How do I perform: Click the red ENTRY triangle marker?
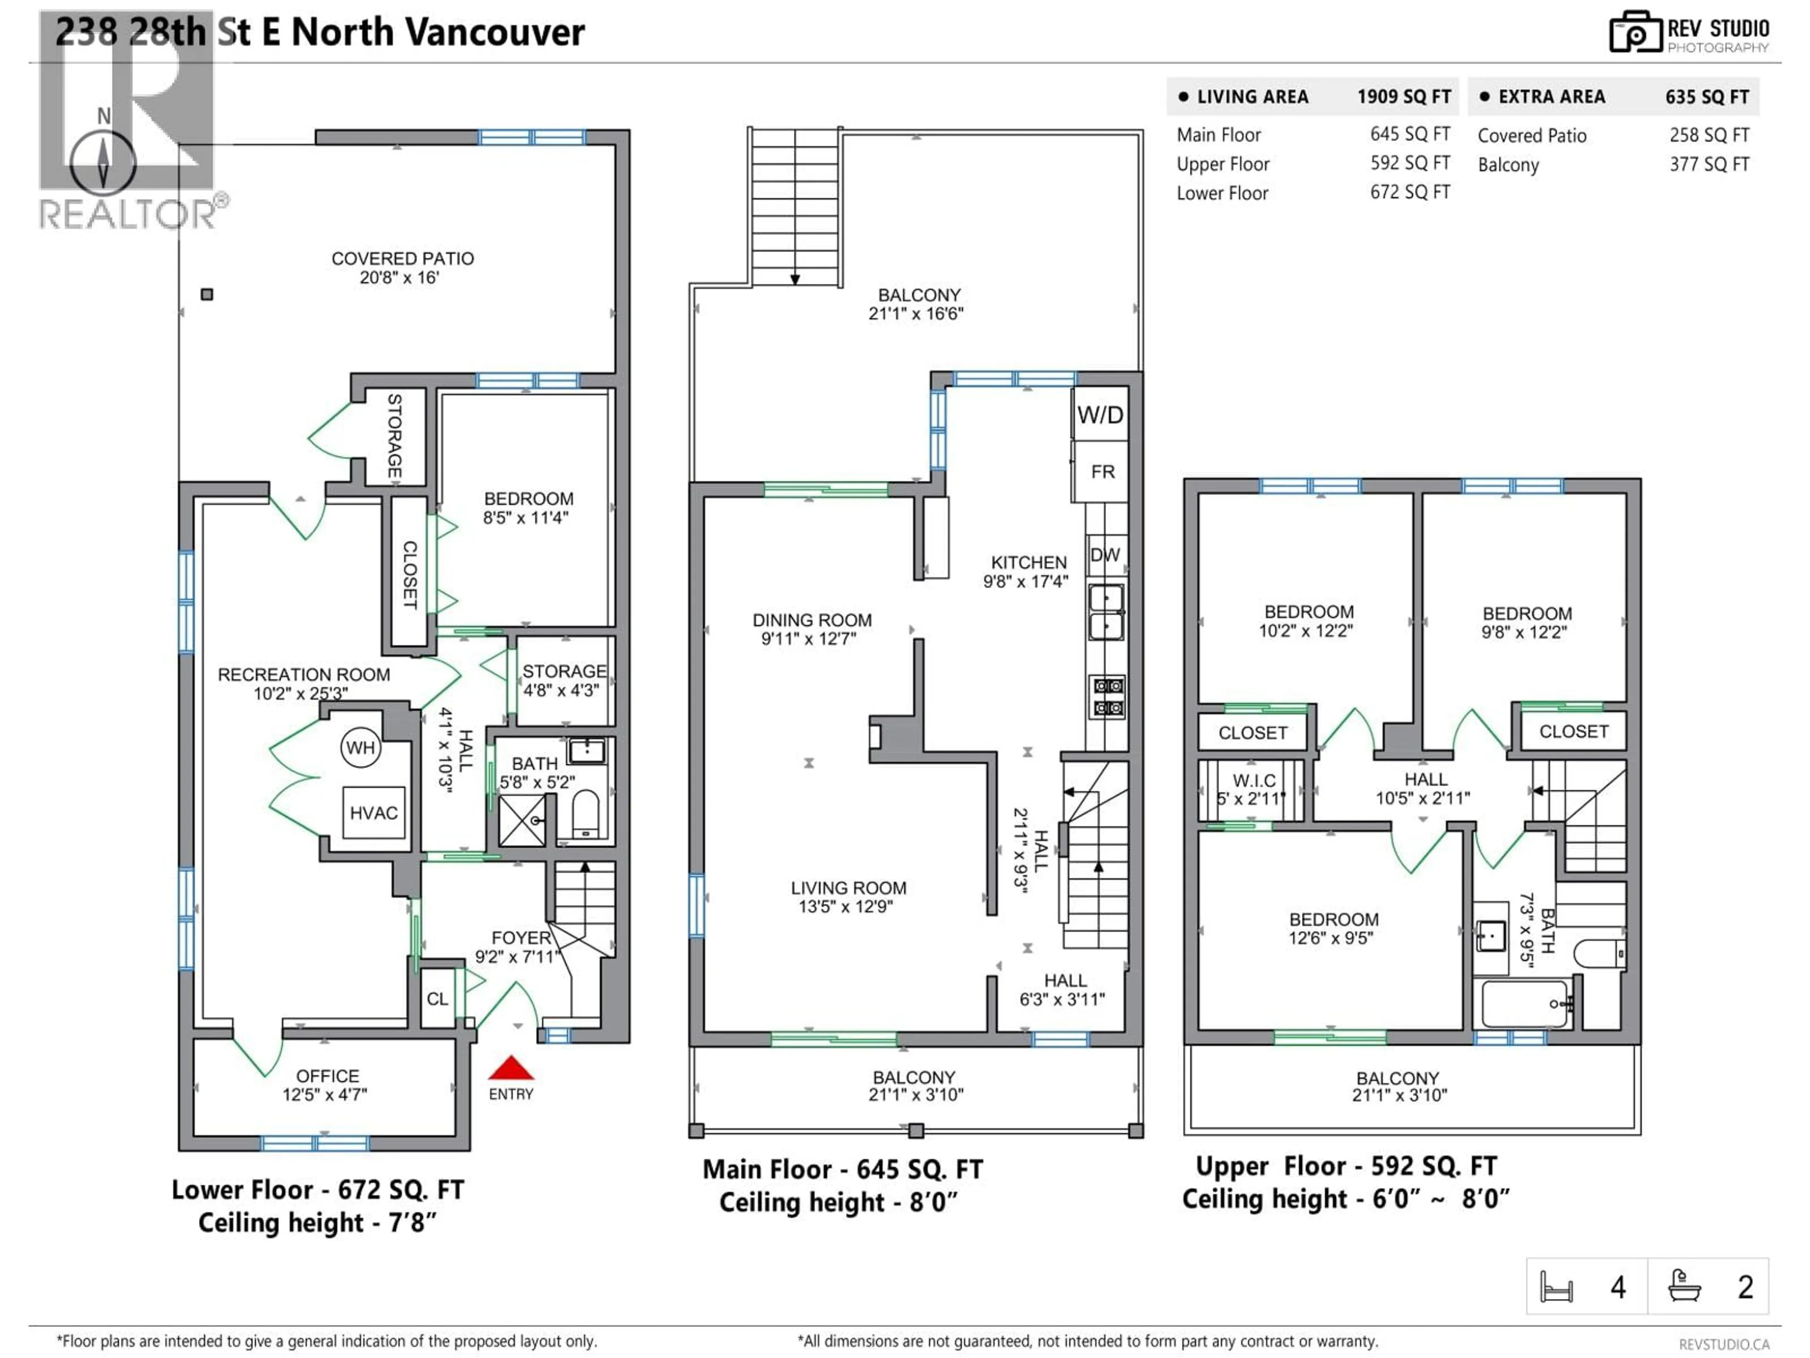tap(510, 1068)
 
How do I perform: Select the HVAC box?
tap(374, 813)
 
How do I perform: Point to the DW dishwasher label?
tap(1105, 555)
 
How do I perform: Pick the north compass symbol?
tap(103, 160)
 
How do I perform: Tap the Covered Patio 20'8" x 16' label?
tap(402, 268)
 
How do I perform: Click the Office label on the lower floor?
tap(327, 1085)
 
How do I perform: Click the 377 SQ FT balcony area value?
tap(1709, 165)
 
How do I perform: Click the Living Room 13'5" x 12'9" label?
tap(847, 896)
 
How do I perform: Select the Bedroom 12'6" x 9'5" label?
tap(1333, 928)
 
